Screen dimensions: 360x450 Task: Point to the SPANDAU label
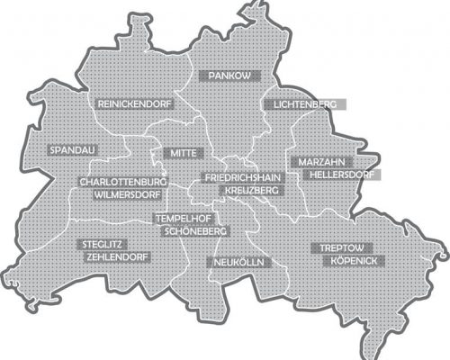tap(71, 148)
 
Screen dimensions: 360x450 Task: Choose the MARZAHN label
tap(314, 161)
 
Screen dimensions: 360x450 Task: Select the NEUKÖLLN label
tap(236, 262)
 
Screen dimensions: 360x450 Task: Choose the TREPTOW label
tap(341, 247)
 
